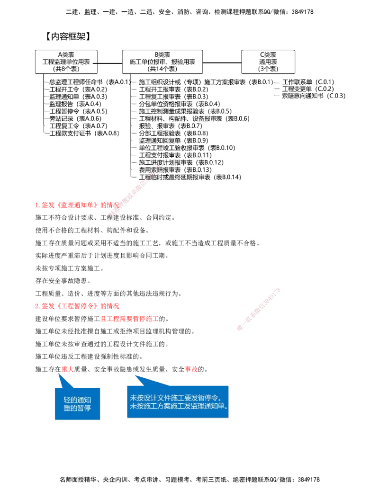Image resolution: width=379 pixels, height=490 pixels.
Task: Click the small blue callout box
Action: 77,403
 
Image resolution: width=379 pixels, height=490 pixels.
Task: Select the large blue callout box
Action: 178,401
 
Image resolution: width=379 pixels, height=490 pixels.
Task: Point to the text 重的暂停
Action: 77,408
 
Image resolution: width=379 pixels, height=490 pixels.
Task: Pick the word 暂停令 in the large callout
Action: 211,398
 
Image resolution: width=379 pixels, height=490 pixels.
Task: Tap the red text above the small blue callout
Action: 67,369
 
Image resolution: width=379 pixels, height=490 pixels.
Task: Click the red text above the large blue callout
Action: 191,369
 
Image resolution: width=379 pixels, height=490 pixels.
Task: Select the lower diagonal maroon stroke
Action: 258,309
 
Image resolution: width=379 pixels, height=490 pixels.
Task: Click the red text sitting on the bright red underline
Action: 129,319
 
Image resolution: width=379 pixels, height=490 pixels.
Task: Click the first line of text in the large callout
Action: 178,398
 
